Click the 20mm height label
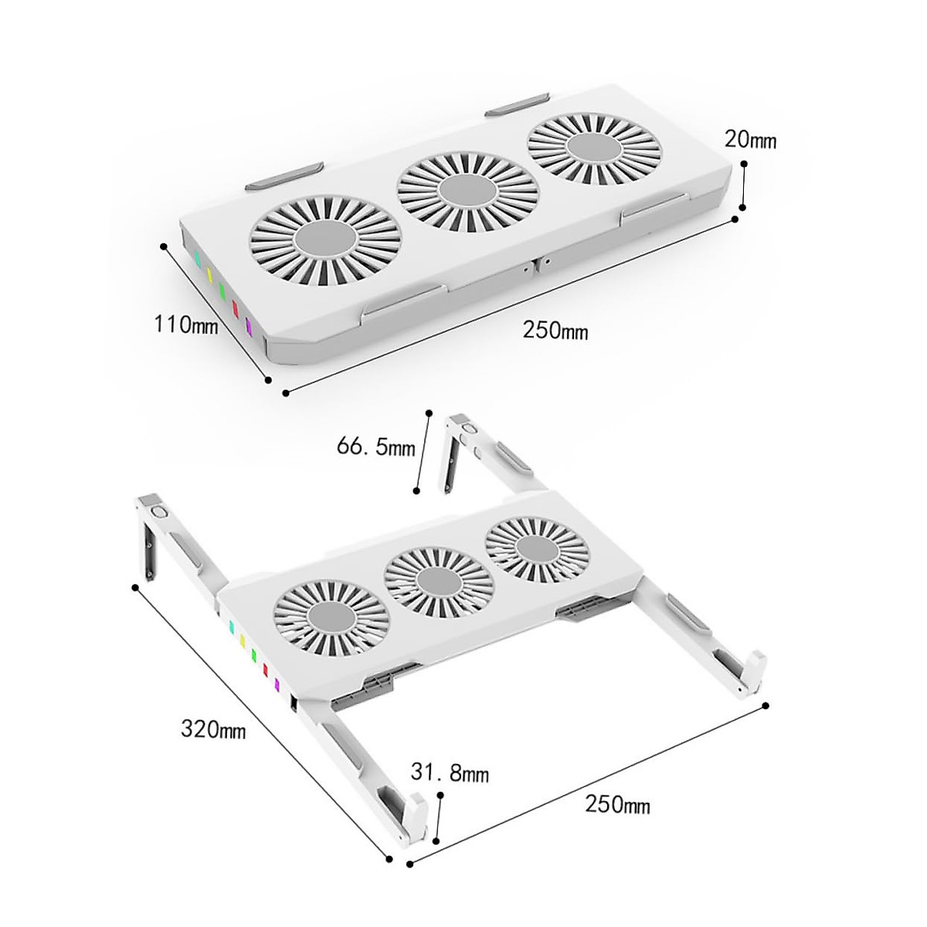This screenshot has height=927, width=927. click(750, 140)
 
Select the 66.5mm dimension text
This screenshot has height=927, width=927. click(375, 447)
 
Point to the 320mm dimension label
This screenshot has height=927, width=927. click(213, 728)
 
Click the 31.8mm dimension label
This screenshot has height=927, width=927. click(450, 772)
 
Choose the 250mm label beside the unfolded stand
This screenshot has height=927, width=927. click(617, 805)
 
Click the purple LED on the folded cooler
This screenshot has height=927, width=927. click(249, 326)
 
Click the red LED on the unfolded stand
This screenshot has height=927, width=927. click(265, 670)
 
